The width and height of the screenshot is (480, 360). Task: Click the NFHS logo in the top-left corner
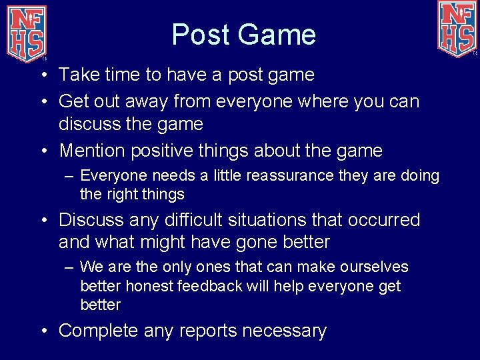(26, 30)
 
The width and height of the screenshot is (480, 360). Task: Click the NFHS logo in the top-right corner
(457, 29)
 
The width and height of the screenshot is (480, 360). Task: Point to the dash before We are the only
(70, 267)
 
